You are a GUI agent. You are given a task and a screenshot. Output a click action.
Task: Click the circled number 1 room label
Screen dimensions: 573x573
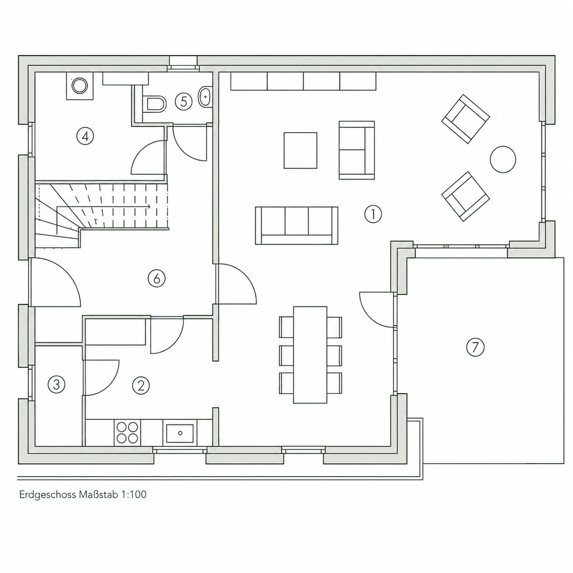(373, 214)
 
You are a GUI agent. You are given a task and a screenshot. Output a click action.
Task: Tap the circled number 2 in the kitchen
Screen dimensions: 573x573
(141, 386)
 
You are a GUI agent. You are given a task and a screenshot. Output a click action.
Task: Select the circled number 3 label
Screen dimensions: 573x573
(56, 384)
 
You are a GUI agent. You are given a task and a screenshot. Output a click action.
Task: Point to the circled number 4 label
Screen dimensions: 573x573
(85, 137)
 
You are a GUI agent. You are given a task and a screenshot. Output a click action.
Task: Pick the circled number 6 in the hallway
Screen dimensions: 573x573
(157, 278)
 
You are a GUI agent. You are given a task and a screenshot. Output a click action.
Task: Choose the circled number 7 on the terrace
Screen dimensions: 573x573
(475, 347)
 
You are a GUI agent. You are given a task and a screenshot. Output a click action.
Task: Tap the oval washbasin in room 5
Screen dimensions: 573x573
(205, 96)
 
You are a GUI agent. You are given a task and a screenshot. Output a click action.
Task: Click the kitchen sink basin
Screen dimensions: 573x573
(180, 433)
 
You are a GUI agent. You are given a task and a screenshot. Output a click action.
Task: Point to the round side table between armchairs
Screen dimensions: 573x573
(503, 159)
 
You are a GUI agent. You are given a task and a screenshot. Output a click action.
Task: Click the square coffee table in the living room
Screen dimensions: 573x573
(300, 150)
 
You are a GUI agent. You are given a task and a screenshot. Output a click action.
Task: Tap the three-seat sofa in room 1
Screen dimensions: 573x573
(297, 225)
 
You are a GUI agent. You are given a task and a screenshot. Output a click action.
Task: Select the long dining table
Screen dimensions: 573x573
(310, 355)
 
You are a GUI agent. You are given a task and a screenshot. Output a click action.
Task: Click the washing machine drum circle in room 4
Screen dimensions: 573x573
(79, 85)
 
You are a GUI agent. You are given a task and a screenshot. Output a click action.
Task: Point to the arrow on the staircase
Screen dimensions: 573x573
(103, 206)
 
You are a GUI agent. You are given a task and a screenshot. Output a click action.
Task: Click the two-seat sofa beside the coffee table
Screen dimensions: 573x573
(357, 150)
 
